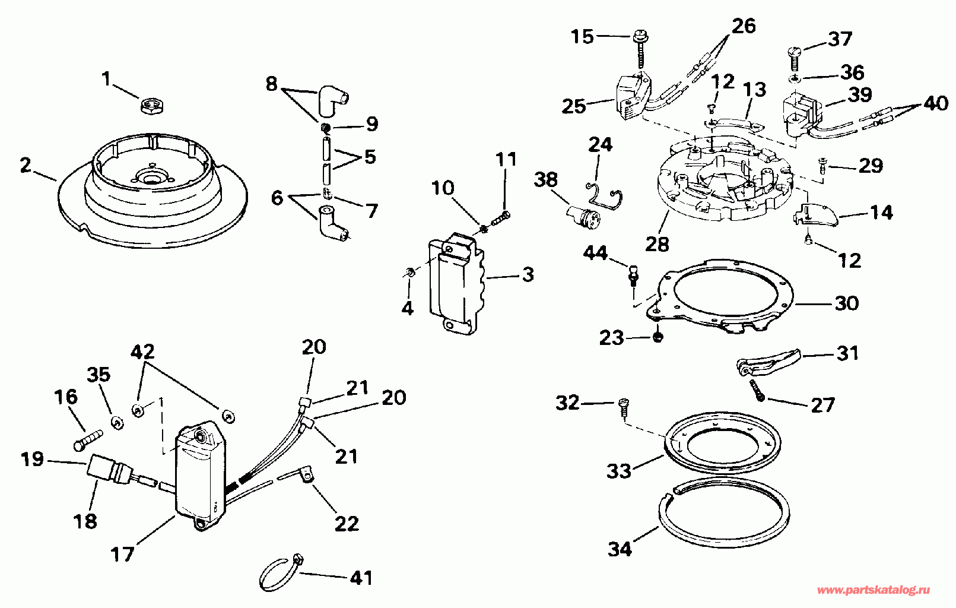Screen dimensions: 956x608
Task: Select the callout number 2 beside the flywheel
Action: click(x=26, y=165)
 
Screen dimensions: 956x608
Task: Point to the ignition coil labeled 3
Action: click(x=458, y=283)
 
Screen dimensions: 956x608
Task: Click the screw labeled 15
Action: click(x=641, y=49)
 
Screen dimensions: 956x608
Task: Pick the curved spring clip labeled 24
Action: click(x=604, y=194)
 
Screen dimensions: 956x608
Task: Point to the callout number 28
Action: click(x=657, y=245)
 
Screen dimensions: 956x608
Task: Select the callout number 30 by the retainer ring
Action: click(x=846, y=303)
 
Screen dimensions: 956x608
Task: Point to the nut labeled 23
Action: click(x=658, y=337)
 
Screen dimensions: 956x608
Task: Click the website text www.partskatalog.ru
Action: click(x=874, y=590)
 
